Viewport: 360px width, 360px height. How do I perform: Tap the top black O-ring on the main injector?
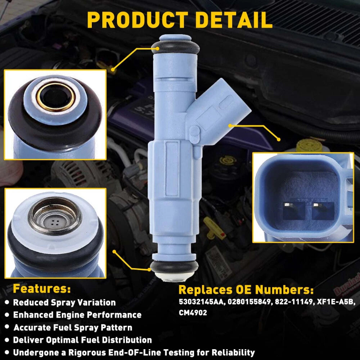175,47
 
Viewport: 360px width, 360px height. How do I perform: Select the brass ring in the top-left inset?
56,97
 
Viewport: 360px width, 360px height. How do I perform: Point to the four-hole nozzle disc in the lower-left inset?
55,222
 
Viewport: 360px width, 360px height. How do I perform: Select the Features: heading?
42,289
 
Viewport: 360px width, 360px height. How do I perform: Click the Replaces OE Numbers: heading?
246,289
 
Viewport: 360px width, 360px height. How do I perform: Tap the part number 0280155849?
249,302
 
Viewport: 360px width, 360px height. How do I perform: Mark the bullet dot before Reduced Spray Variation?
7,302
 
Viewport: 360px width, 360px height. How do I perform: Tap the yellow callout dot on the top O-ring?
157,49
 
